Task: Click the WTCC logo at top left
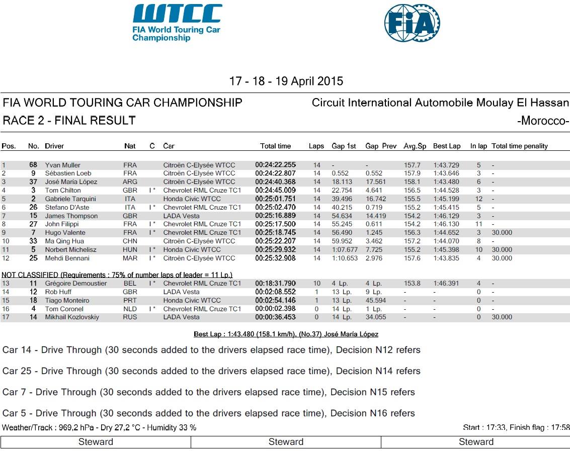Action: tap(177, 23)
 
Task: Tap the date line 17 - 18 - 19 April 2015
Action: tap(286, 81)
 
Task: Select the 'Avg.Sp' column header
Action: tap(415, 146)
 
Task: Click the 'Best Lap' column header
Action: tap(447, 146)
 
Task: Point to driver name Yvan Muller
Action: tap(63, 165)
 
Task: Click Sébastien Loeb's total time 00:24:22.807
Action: tap(276, 173)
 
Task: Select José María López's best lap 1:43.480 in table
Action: tap(447, 182)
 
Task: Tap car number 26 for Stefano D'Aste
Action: tap(33, 207)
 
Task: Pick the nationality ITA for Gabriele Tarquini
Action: tap(130, 199)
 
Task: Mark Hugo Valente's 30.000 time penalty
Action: tap(502, 233)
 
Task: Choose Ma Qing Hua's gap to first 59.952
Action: tap(341, 241)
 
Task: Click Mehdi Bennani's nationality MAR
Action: tap(130, 258)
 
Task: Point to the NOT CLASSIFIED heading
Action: tap(117, 275)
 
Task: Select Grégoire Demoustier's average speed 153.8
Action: tap(413, 284)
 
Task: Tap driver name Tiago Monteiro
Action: tap(67, 301)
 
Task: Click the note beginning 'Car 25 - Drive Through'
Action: tap(211, 371)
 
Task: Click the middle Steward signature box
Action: tap(286, 442)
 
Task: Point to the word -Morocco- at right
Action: tap(543, 121)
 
